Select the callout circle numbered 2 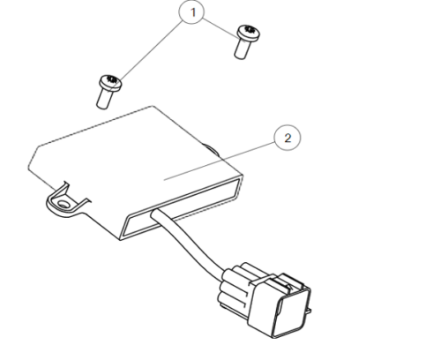pyautogui.click(x=285, y=139)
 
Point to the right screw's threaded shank pyautogui.click(x=241, y=49)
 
